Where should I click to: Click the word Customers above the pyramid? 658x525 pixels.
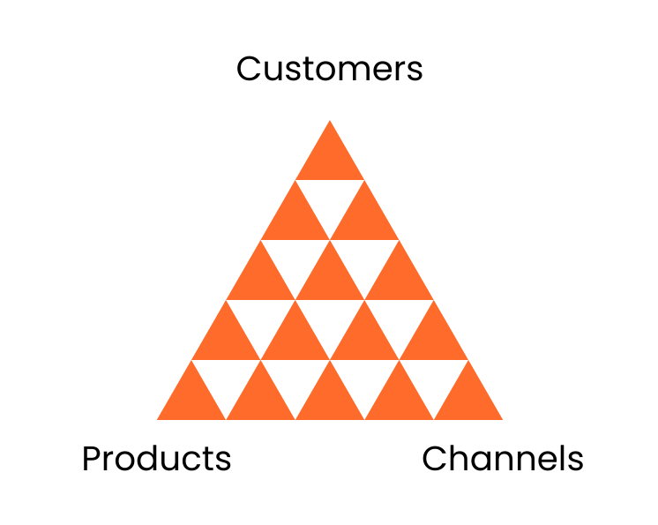(329, 69)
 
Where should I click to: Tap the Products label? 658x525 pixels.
(156, 459)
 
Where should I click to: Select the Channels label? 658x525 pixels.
(503, 459)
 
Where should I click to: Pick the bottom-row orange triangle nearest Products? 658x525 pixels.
(191, 399)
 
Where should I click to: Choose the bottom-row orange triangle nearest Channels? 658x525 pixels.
(468, 399)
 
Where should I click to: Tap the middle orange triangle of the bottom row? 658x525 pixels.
(330, 399)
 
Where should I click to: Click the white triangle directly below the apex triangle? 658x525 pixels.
(330, 200)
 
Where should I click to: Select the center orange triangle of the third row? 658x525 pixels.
(330, 279)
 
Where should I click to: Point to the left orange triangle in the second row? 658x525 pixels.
(295, 219)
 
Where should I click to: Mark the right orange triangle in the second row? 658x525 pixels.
(364, 219)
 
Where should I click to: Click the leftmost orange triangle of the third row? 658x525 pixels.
(261, 279)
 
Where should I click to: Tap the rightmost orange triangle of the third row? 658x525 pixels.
(399, 279)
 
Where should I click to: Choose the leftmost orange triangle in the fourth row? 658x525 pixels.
(226, 339)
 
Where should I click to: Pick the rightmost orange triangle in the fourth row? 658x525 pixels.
(434, 339)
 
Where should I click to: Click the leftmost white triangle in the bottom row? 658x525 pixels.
(226, 380)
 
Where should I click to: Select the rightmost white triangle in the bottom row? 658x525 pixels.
(434, 380)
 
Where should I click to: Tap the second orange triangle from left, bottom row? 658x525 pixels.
(261, 399)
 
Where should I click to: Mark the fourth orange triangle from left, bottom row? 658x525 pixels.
(399, 399)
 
